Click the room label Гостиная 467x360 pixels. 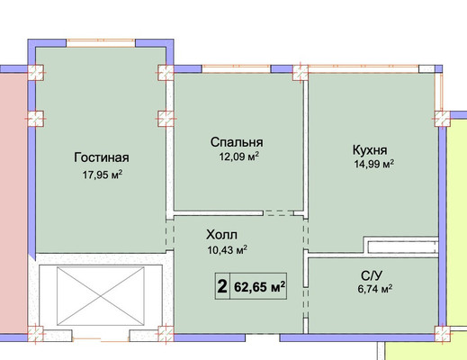102,157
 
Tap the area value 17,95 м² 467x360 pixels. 103,175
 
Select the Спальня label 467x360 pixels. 237,142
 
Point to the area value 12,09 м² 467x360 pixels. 239,157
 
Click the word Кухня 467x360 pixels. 370,150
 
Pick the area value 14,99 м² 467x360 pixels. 374,164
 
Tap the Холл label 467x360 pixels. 221,235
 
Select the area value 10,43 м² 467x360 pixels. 228,249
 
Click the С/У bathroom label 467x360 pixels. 372,275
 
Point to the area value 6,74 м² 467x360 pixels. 375,289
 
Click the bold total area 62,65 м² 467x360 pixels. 259,287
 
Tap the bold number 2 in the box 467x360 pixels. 222,286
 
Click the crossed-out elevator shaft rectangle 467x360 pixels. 101,296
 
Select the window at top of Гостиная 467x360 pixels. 101,43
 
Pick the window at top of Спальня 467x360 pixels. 237,68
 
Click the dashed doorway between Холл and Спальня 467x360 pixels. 279,213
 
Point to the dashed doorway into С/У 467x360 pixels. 305,302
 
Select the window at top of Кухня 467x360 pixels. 364,68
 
